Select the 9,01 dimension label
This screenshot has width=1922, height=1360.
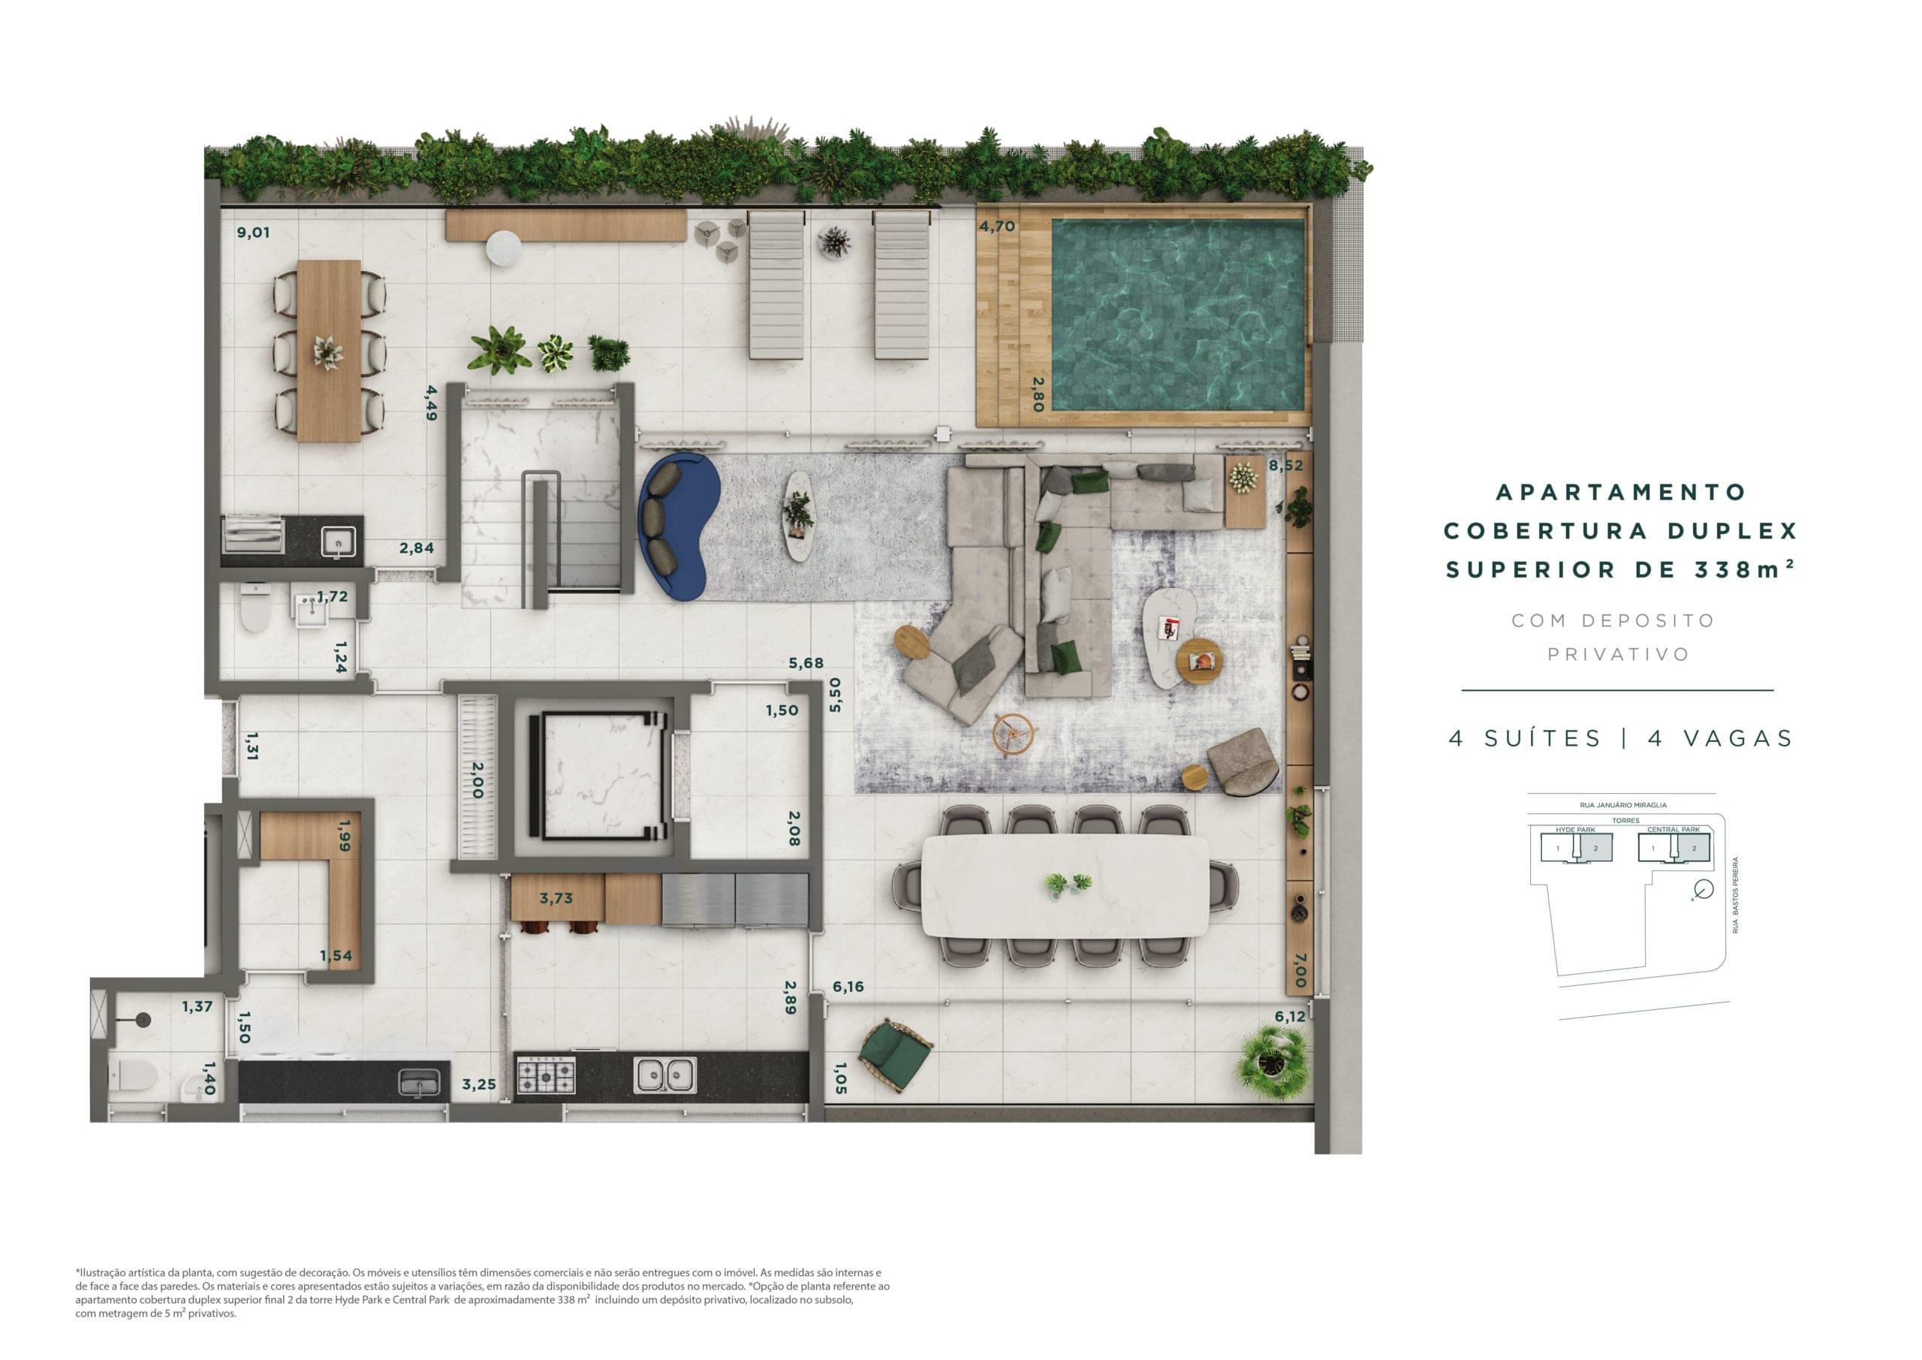point(253,233)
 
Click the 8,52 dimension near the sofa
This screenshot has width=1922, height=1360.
point(1286,466)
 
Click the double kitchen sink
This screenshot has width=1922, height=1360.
point(664,1075)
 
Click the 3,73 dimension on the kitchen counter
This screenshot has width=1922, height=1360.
point(556,899)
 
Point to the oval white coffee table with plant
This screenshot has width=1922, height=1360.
point(798,515)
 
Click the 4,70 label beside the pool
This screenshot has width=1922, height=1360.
point(997,226)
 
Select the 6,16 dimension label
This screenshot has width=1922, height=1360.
point(848,987)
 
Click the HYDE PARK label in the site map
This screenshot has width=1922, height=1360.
point(1575,829)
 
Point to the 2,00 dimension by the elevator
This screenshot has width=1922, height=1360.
point(477,779)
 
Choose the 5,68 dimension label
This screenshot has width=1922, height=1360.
point(806,663)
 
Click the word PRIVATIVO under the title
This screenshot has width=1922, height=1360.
point(1617,654)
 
